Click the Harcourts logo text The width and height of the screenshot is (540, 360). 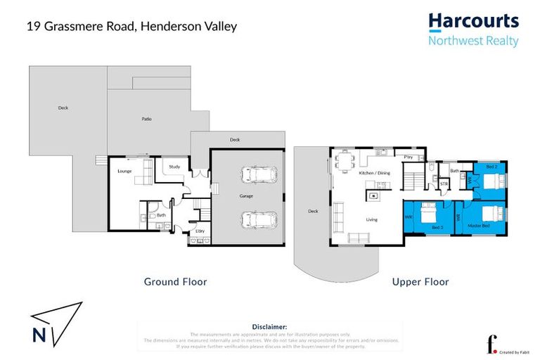[x=473, y=21]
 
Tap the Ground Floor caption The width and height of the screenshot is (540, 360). [x=175, y=282]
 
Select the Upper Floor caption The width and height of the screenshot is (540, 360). [x=420, y=282]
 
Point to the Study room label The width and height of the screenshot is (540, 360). [x=176, y=167]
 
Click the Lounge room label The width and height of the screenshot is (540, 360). [x=124, y=171]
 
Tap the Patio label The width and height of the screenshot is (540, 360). [x=146, y=119]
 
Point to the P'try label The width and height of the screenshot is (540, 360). [x=408, y=156]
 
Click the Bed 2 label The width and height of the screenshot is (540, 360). [x=491, y=167]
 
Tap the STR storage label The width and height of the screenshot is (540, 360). [x=444, y=184]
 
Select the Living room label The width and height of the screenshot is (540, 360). [x=371, y=219]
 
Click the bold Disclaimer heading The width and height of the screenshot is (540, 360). [x=269, y=327]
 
